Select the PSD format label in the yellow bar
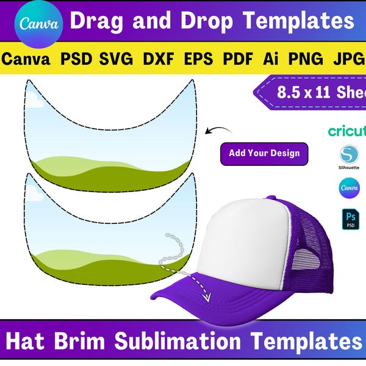coord(77,59)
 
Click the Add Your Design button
coord(264,153)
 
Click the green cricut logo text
coord(346,131)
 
